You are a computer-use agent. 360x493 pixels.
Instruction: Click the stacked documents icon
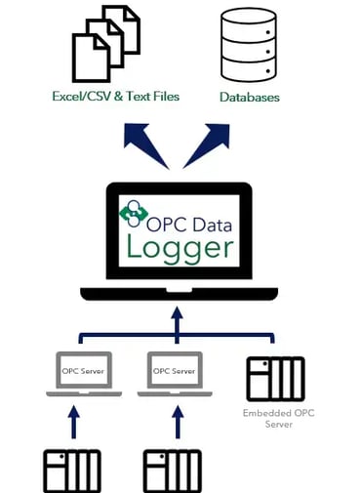click(x=106, y=45)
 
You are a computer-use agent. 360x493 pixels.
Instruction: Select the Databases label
click(x=249, y=98)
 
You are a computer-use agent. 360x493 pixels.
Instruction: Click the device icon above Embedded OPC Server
click(x=275, y=378)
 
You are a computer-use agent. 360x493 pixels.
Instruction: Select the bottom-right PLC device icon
click(x=172, y=471)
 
